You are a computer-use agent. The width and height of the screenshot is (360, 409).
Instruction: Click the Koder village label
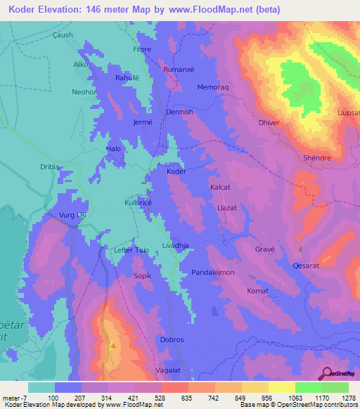pyautogui.click(x=176, y=171)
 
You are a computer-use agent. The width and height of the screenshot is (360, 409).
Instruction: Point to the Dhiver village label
pyautogui.click(x=269, y=122)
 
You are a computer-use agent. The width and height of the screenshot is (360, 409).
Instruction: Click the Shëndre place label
pyautogui.click(x=316, y=158)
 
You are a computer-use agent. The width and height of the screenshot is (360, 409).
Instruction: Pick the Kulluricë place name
pyautogui.click(x=139, y=202)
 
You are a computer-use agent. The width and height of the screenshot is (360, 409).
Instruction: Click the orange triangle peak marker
pyautogui.click(x=112, y=345)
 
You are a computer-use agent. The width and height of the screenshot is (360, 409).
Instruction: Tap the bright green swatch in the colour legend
pyautogui.click(x=309, y=387)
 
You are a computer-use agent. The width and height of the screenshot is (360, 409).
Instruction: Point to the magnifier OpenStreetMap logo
pyautogui.click(x=326, y=373)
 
